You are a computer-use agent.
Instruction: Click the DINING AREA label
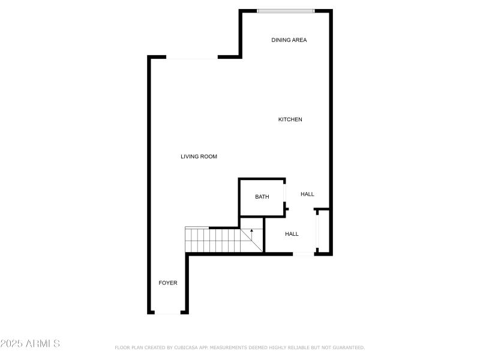(x=289, y=40)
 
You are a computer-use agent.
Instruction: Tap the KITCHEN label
(x=290, y=119)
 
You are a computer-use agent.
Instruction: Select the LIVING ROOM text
(x=199, y=157)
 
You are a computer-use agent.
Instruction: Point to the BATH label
(x=262, y=197)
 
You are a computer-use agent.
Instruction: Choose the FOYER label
(x=168, y=283)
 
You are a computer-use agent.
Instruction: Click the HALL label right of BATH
(x=307, y=194)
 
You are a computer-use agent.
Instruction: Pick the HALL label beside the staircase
(x=292, y=234)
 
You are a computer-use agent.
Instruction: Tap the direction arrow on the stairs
(x=251, y=235)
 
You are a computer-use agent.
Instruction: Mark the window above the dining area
(x=286, y=11)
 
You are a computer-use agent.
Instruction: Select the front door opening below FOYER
(x=167, y=312)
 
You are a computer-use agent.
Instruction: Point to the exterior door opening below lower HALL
(x=304, y=254)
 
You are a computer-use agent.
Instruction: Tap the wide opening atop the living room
(x=192, y=57)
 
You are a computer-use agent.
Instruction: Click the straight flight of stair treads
(x=213, y=241)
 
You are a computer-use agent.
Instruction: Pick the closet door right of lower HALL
(x=317, y=231)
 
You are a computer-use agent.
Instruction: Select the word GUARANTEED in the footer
(x=349, y=347)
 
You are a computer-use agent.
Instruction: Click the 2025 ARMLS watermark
(x=30, y=343)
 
